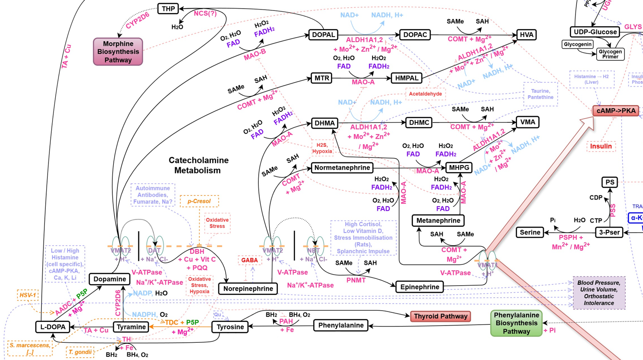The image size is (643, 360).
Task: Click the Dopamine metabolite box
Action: [110, 279]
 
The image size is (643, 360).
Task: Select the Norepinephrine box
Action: [248, 288]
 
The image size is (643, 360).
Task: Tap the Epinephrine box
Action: [420, 287]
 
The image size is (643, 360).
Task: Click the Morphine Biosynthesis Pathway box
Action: [118, 52]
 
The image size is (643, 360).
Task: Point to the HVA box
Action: [526, 34]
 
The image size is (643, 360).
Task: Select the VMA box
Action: [528, 122]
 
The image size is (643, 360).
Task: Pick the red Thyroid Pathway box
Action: [440, 316]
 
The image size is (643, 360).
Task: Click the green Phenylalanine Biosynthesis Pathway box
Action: [516, 323]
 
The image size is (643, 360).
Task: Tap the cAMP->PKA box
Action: [615, 111]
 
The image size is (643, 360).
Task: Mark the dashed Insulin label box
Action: [601, 146]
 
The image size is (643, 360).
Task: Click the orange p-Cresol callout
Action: [199, 201]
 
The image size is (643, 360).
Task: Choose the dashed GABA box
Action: [249, 260]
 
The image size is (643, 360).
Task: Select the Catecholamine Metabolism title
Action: [198, 165]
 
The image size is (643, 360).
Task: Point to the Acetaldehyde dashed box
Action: [425, 94]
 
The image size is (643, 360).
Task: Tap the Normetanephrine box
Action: [342, 168]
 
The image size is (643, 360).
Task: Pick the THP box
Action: [168, 9]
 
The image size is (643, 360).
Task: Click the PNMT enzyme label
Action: [356, 280]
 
